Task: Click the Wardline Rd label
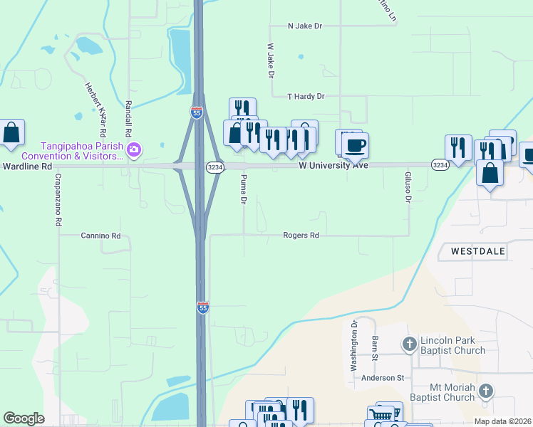[x=27, y=166]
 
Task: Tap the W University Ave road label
[x=333, y=165]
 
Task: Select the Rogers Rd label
[x=300, y=235]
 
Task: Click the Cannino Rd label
[x=100, y=235]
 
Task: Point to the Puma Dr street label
[x=244, y=190]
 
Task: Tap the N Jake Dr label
[x=305, y=26]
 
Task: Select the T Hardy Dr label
[x=306, y=96]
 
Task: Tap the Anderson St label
[x=383, y=378]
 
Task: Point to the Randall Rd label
[x=128, y=118]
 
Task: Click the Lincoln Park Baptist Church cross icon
[x=410, y=345]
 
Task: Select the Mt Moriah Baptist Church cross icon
[x=485, y=391]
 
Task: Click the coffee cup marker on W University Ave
[x=354, y=145]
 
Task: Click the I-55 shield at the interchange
[x=197, y=112]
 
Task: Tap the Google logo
[x=24, y=418]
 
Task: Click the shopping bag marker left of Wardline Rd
[x=11, y=132]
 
